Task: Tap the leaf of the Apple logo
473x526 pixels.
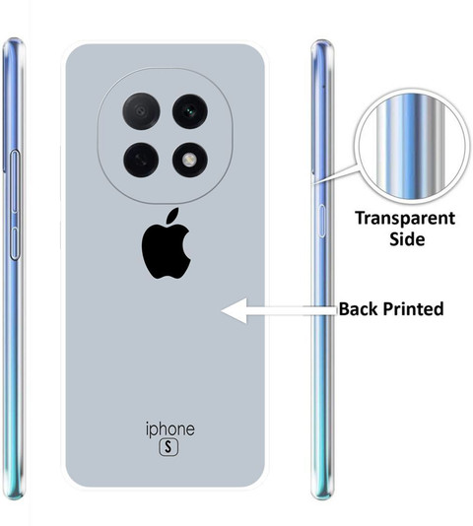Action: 172,215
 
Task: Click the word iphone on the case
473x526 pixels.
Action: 170,429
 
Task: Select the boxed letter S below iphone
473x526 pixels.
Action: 169,447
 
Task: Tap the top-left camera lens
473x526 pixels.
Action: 141,111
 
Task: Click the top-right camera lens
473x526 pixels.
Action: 190,111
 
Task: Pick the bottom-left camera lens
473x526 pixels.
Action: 141,160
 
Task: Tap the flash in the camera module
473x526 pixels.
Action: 190,160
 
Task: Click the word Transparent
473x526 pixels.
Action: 405,219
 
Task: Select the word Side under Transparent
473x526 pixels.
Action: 407,239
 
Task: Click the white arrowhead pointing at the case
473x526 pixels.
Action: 235,310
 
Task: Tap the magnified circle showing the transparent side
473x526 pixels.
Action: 412,148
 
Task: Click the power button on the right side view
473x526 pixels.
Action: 321,221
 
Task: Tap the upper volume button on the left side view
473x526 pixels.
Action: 15,181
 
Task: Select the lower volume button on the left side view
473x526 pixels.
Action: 15,243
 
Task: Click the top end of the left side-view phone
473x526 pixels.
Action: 14,39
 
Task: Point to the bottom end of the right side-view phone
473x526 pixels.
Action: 322,498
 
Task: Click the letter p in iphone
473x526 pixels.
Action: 155,431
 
